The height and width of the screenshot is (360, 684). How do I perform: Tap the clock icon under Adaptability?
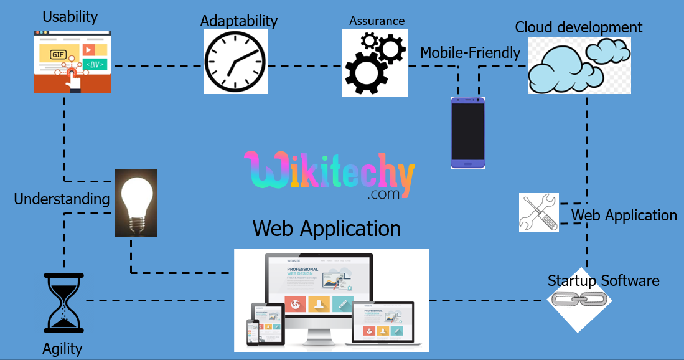[235, 62]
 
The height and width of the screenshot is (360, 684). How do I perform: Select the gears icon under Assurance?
[375, 63]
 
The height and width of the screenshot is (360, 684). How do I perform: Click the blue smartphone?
[468, 133]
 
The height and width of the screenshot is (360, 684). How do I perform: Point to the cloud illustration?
[578, 65]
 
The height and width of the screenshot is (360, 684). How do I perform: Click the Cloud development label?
[578, 27]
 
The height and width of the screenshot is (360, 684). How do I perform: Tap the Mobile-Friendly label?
[470, 53]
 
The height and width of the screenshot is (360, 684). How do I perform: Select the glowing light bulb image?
[136, 202]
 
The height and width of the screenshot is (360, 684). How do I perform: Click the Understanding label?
[62, 199]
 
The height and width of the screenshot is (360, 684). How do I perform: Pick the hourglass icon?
[63, 303]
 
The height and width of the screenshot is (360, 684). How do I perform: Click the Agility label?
[62, 348]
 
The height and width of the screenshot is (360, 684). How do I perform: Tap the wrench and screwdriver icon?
[539, 212]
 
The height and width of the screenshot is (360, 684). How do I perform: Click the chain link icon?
[579, 301]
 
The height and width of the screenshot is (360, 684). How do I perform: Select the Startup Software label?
[603, 280]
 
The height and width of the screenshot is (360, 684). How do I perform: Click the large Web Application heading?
[327, 228]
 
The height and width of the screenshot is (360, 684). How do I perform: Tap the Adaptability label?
[238, 21]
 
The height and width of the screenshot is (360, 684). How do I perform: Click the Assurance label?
[377, 21]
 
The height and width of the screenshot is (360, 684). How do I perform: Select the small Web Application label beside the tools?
[624, 216]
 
